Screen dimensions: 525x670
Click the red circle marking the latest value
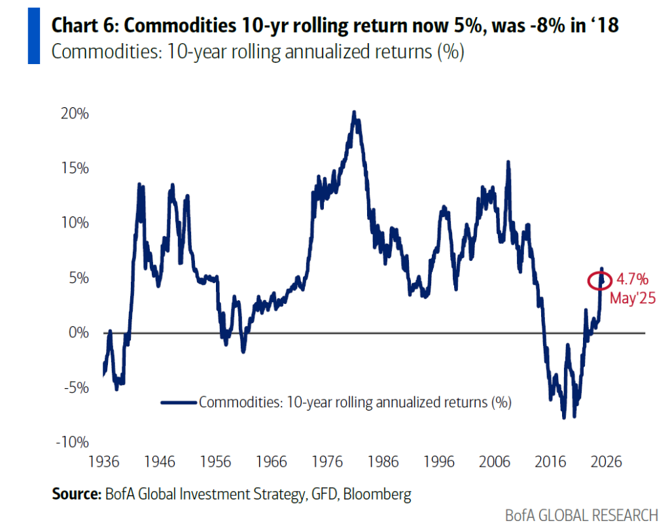[x=599, y=280]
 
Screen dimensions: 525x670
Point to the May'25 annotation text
[x=633, y=298]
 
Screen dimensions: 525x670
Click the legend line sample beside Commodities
[x=178, y=402]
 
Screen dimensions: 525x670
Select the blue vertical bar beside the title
[x=34, y=37]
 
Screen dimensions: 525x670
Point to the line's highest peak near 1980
[x=354, y=113]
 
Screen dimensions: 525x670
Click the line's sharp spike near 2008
[x=508, y=162]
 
